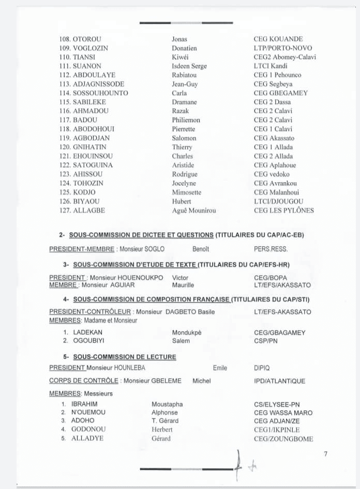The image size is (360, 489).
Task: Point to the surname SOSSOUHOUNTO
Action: click(x=100, y=93)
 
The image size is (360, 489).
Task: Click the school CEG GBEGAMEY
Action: click(x=280, y=93)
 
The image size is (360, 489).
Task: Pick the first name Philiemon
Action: click(x=186, y=120)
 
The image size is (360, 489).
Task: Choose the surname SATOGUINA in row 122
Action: click(x=93, y=165)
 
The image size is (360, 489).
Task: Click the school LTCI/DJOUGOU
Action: click(x=278, y=201)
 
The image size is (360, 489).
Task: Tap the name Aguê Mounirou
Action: click(x=194, y=211)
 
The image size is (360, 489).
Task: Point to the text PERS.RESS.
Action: click(x=271, y=249)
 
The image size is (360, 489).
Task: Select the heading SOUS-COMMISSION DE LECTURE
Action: click(x=125, y=357)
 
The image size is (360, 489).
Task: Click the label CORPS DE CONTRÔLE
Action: click(x=84, y=381)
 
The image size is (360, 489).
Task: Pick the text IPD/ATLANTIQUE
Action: click(x=279, y=381)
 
